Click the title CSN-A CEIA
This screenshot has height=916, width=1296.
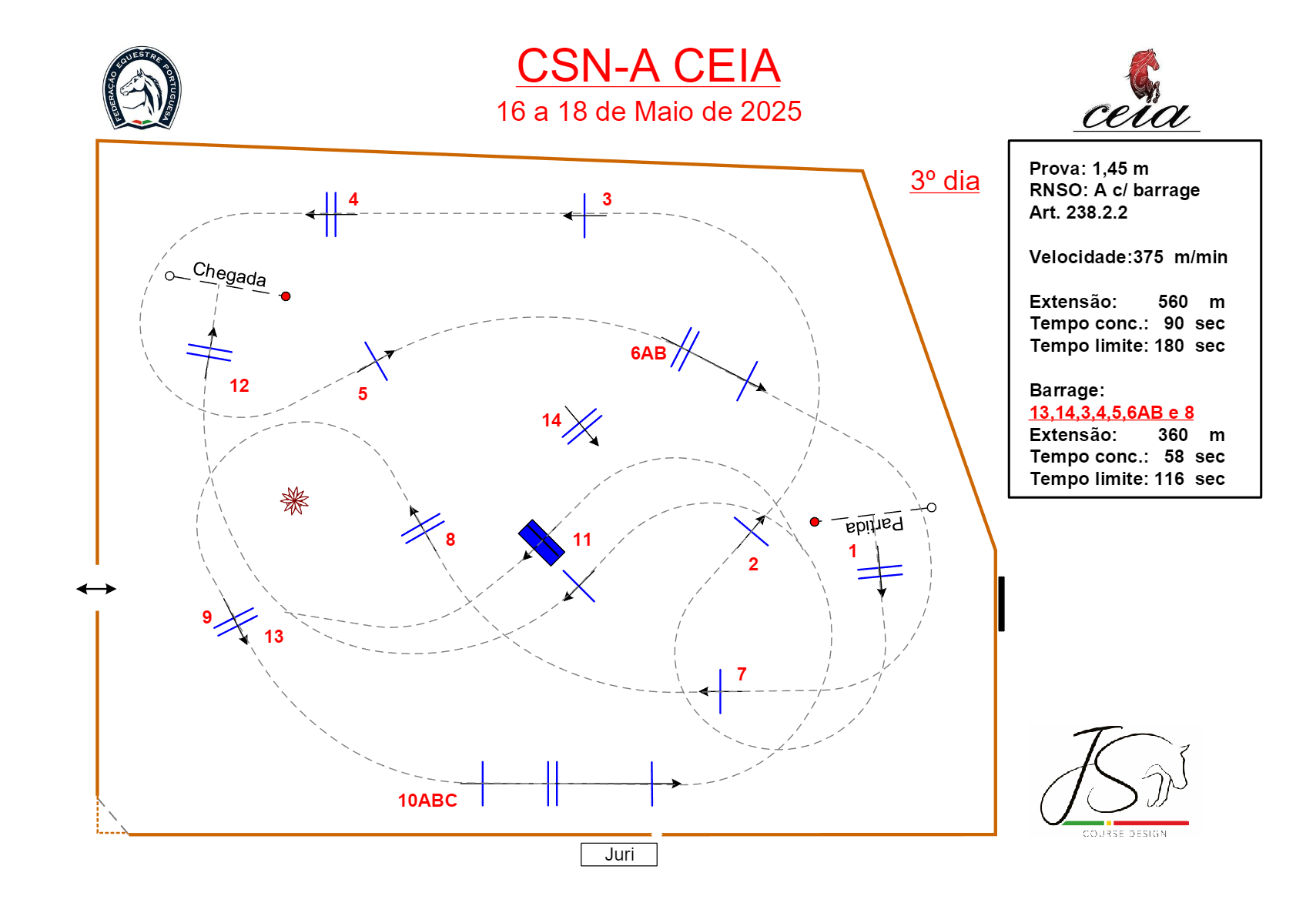(x=648, y=66)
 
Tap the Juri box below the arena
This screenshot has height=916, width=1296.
(x=619, y=854)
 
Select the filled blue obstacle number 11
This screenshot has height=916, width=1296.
(x=541, y=543)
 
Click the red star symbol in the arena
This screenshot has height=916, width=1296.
(x=294, y=500)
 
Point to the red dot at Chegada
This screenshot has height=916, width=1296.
(x=286, y=296)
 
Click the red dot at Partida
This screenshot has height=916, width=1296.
(x=815, y=522)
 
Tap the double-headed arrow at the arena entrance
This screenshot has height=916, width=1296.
(x=96, y=589)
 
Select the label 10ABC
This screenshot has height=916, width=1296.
(x=427, y=801)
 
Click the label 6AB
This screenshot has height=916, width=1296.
(x=648, y=353)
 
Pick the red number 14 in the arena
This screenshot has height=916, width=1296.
(x=551, y=420)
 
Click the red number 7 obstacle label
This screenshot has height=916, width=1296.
(x=742, y=674)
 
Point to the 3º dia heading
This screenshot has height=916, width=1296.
(x=945, y=181)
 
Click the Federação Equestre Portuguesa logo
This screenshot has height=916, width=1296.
(x=142, y=88)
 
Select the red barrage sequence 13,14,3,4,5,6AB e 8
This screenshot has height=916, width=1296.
(x=1111, y=413)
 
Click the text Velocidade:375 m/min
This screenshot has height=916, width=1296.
(x=1128, y=257)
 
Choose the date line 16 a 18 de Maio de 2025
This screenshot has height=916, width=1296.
(x=648, y=112)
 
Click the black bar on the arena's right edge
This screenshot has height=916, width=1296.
(x=1001, y=603)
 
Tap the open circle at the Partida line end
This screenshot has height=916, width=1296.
(x=932, y=507)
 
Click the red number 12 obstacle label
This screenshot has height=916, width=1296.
(x=239, y=386)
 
